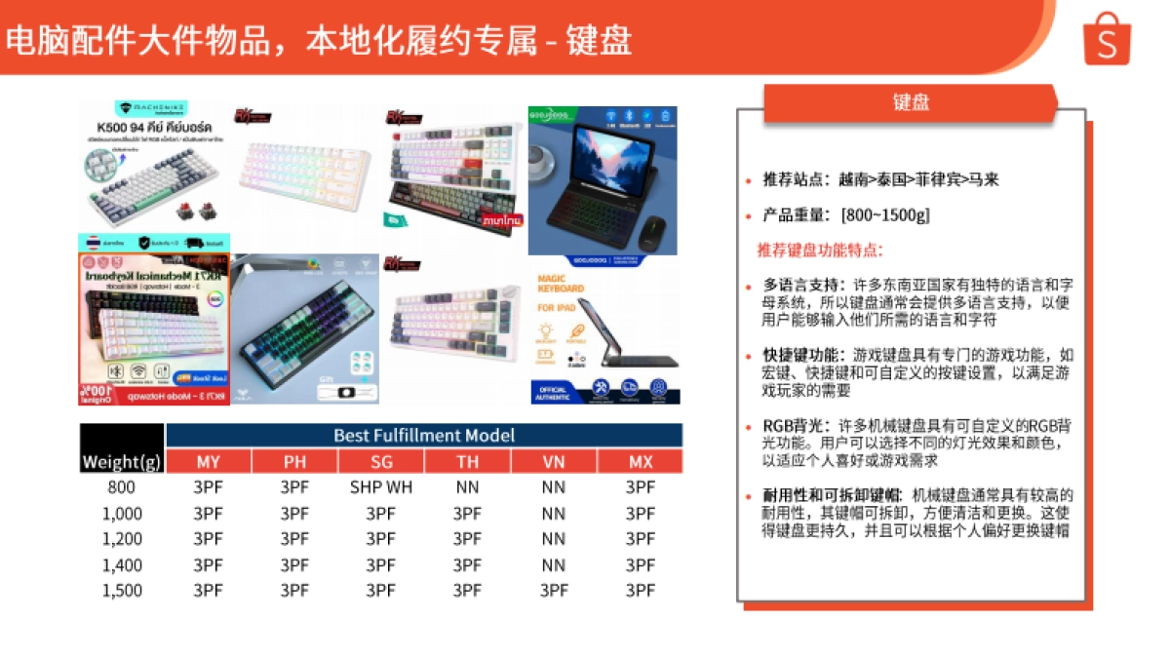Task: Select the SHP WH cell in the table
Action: [x=381, y=486]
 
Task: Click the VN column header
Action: [x=554, y=461]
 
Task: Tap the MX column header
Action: [x=641, y=461]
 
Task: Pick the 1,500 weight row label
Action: [x=122, y=590]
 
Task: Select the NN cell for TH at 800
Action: [x=467, y=486]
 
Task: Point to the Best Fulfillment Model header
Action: [x=424, y=435]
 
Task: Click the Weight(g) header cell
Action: [x=122, y=461]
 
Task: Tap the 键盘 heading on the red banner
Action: [x=911, y=102]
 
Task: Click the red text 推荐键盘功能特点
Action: [x=819, y=250]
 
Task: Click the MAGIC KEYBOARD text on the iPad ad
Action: [x=561, y=283]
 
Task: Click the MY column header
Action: [x=208, y=461]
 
